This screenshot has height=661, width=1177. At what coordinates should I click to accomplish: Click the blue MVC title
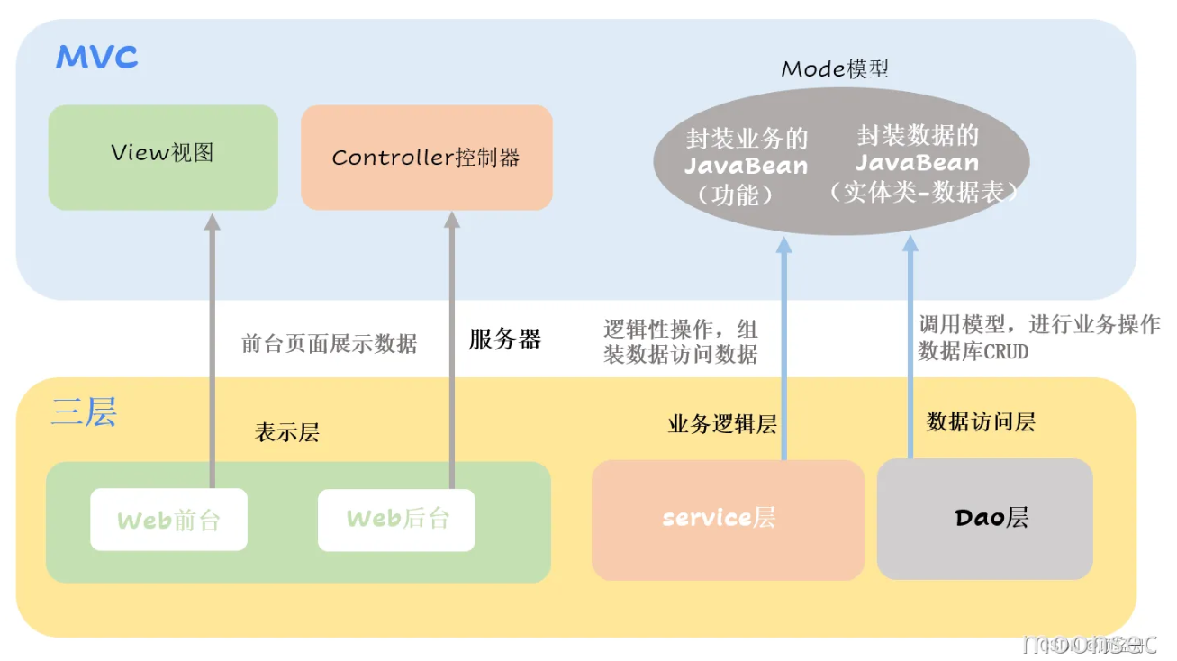(96, 59)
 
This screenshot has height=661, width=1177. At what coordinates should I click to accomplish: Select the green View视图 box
(163, 158)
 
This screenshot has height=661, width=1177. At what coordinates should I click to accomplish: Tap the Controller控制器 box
(426, 158)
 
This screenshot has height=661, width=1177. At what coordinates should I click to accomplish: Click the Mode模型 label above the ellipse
(834, 69)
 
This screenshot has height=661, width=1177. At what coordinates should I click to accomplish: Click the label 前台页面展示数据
(329, 343)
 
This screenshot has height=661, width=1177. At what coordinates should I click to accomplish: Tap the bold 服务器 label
(504, 340)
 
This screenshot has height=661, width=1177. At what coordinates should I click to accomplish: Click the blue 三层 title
(84, 412)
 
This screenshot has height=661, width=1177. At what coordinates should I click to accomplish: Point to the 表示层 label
(287, 432)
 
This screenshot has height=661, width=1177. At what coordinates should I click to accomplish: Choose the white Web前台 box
(168, 519)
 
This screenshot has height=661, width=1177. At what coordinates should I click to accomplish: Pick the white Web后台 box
(396, 519)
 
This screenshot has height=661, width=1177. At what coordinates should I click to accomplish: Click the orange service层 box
(727, 519)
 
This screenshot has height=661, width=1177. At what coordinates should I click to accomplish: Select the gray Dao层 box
(984, 519)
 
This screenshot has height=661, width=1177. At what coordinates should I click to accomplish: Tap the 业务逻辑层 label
(721, 424)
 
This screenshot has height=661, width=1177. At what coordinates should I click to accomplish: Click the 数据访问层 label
(981, 421)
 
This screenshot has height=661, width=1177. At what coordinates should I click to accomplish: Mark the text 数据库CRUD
(973, 351)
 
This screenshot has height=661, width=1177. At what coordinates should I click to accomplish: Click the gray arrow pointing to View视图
(212, 342)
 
